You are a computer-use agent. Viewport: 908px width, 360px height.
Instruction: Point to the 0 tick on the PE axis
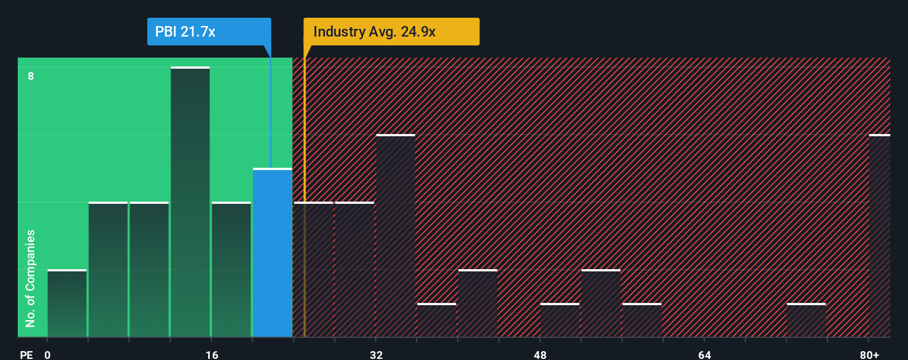tap(48, 354)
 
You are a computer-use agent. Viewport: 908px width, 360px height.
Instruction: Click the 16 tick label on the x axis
tap(211, 354)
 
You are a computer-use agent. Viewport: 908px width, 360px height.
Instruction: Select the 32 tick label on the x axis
tap(376, 354)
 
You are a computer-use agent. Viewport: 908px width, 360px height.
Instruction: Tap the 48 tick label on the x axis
tap(540, 354)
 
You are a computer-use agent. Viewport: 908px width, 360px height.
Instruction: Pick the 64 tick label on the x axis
tap(704, 354)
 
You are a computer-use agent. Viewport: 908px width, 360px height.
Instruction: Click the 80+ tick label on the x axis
tap(869, 354)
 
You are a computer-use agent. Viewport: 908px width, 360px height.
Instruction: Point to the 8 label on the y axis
tap(31, 76)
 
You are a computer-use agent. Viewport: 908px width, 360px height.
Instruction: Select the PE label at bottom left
tap(26, 354)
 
